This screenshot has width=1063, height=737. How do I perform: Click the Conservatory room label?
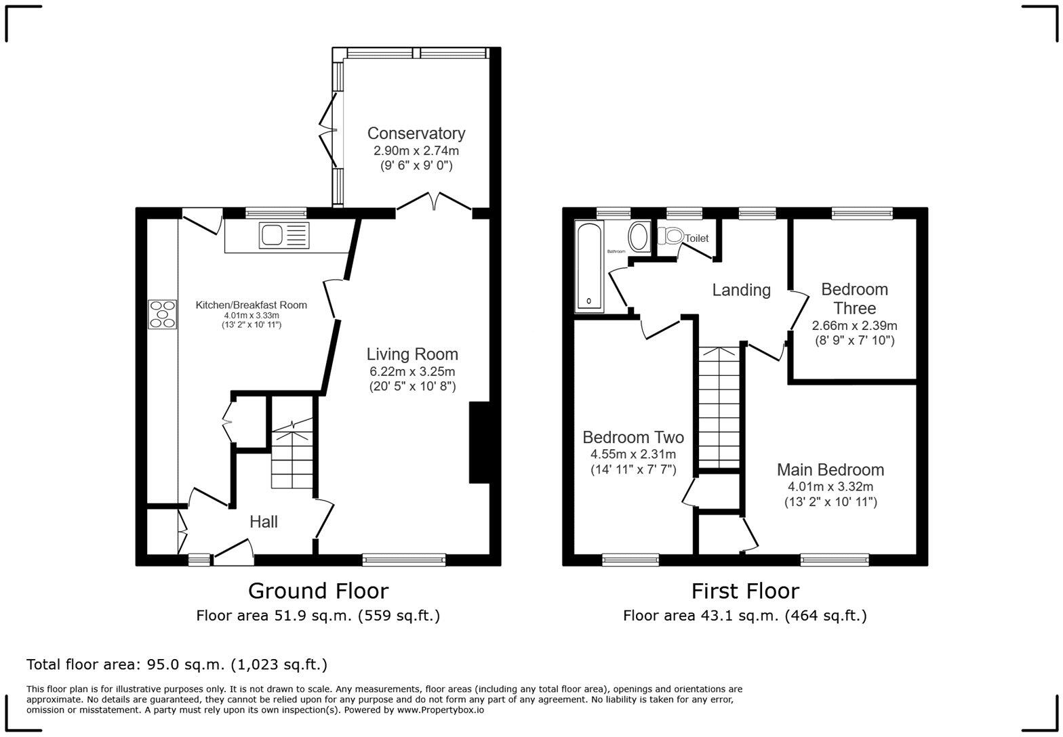(416, 133)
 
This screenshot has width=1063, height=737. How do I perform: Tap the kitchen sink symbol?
(283, 236)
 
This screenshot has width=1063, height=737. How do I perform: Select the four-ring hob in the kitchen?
(163, 314)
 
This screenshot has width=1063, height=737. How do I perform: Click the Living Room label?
(412, 354)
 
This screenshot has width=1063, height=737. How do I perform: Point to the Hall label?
(263, 522)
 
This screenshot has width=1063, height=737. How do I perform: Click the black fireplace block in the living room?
(479, 443)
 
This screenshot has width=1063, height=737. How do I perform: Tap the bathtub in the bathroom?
(589, 266)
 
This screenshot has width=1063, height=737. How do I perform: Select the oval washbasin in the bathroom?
(639, 237)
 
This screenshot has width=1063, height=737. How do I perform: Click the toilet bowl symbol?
(672, 237)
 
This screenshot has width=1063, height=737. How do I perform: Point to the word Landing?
(741, 290)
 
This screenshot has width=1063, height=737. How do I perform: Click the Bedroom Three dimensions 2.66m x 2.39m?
(854, 325)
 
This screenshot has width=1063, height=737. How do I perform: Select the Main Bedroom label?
(830, 469)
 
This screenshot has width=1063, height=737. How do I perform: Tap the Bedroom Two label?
(633, 437)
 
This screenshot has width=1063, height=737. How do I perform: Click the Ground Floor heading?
(318, 591)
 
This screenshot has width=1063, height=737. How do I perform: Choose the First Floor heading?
(744, 591)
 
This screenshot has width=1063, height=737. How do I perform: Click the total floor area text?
(177, 664)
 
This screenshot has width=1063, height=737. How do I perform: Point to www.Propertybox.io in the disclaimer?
(440, 710)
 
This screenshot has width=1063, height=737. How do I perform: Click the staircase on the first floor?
(719, 406)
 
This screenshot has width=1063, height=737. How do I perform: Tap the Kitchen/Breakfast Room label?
(251, 305)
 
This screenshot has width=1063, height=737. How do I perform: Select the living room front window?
(404, 560)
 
